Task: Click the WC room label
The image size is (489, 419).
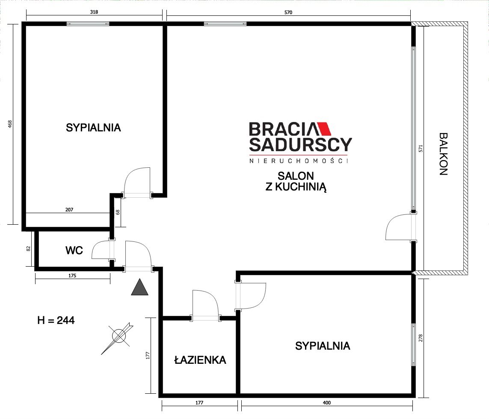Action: [74, 250]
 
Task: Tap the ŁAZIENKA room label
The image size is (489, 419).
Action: [200, 360]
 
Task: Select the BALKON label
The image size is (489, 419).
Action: [443, 154]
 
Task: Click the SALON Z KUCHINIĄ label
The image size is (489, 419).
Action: [296, 181]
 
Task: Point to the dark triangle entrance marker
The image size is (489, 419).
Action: [140, 287]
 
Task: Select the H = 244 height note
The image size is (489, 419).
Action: [56, 321]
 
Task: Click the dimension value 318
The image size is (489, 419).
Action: [94, 12]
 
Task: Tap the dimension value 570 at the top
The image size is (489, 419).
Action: [288, 12]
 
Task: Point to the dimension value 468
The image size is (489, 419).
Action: [10, 124]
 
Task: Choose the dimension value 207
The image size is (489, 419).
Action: [69, 210]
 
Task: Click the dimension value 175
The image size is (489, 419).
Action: [72, 276]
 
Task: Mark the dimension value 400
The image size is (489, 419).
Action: [326, 403]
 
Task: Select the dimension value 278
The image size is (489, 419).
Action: [421, 338]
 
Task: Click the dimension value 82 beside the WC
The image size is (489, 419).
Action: [28, 249]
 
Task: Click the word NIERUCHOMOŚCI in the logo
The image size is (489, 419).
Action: [299, 160]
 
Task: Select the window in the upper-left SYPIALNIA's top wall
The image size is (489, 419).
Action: [88, 24]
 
